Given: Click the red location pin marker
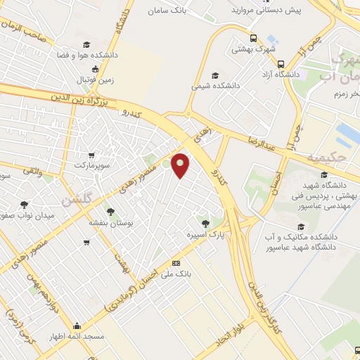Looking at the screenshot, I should pos(181,165).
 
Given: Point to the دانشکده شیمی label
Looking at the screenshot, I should pos(215,86).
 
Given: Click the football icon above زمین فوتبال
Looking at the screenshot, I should pos(97,69).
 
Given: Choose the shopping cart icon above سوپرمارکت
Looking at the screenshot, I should pos(90,155).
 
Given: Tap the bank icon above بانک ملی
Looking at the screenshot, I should pos(176,263).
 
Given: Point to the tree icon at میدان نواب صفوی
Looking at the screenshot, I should pos(24,204).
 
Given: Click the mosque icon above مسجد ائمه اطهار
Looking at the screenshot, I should pos(76,326).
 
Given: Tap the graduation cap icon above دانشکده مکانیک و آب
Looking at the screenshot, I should pos(301,226).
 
